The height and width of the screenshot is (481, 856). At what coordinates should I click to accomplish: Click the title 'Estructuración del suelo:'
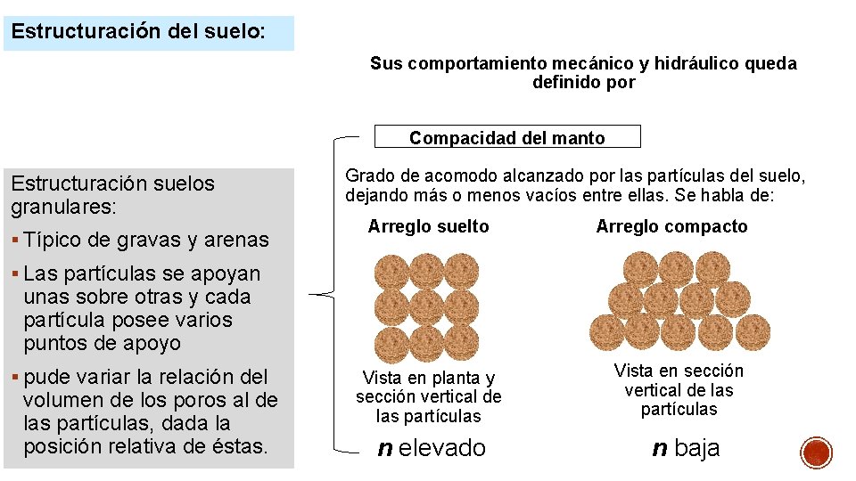[x=138, y=31]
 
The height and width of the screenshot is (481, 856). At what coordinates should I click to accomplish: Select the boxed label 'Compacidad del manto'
[x=506, y=138]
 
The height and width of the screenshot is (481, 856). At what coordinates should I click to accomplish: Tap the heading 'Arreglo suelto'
[x=428, y=226]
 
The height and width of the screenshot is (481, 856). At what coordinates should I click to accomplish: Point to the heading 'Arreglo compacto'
[x=671, y=226]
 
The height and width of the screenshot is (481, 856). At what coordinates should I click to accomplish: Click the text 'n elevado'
[x=432, y=447]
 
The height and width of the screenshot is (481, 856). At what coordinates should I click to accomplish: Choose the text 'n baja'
[x=686, y=447]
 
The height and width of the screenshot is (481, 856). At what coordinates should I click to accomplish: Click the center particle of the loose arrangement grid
[x=427, y=307]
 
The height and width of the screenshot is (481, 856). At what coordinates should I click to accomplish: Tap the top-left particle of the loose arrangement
[x=392, y=272]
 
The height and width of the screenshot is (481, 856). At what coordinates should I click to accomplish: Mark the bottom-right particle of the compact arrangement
[x=751, y=331]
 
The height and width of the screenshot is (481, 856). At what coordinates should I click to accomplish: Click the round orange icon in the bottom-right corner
[x=816, y=452]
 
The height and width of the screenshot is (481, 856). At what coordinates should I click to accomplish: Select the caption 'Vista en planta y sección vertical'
[x=428, y=396]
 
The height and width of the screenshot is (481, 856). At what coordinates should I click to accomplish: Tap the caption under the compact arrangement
[x=679, y=390]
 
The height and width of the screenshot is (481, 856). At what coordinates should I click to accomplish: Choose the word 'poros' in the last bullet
[x=202, y=400]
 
